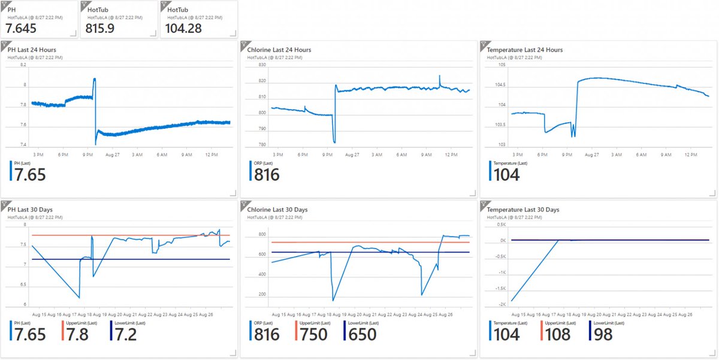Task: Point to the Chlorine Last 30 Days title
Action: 277,210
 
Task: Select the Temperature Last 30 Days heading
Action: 523,210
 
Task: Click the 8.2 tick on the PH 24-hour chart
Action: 23,65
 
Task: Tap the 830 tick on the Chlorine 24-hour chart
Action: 261,65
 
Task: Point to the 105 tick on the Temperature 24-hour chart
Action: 502,65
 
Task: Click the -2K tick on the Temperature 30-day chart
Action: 502,304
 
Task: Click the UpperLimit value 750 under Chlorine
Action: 313,334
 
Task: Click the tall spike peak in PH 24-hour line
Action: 95,78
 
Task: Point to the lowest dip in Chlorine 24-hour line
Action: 334,142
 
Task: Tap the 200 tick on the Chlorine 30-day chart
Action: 263,294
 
